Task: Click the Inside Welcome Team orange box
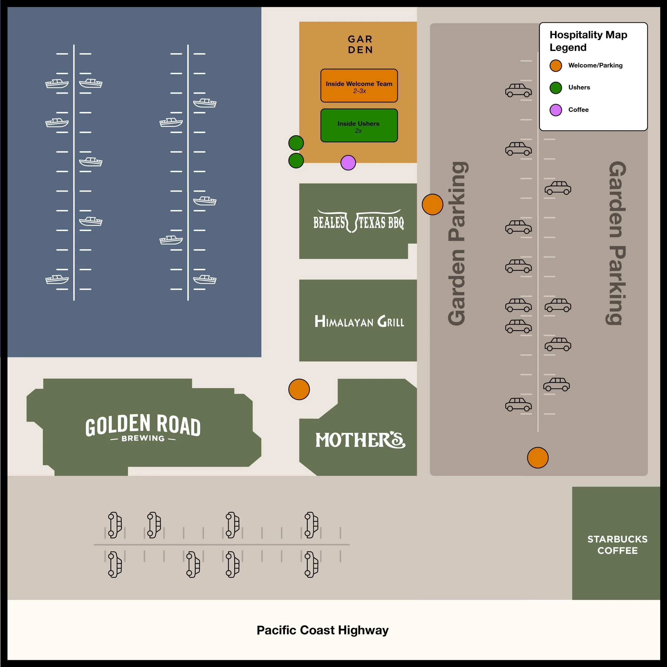coord(359,86)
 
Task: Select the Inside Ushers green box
coord(359,125)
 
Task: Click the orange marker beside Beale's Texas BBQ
coord(432,204)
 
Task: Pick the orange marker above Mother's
coord(299,389)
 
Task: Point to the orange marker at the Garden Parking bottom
coord(538,458)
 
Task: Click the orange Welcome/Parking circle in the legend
coord(556,66)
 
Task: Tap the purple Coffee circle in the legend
coord(556,110)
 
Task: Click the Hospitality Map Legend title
coord(588,41)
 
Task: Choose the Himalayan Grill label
coord(359,322)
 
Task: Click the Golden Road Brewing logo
coord(143,427)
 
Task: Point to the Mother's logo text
coord(360,440)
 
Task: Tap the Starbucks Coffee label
coord(617,545)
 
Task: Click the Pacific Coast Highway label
coord(323,630)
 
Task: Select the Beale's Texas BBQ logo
coord(358,222)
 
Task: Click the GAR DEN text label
coord(360,45)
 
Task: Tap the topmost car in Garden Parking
coord(518,90)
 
